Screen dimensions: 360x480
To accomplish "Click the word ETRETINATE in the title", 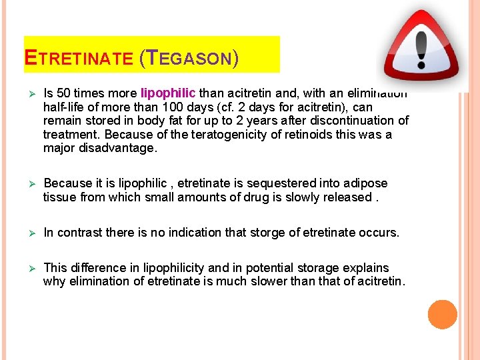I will coord(79,58).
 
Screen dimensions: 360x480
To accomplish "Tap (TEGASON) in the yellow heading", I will coord(189,58).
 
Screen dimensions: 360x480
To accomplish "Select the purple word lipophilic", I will coord(167,93).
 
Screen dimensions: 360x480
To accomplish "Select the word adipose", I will coord(365,183).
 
